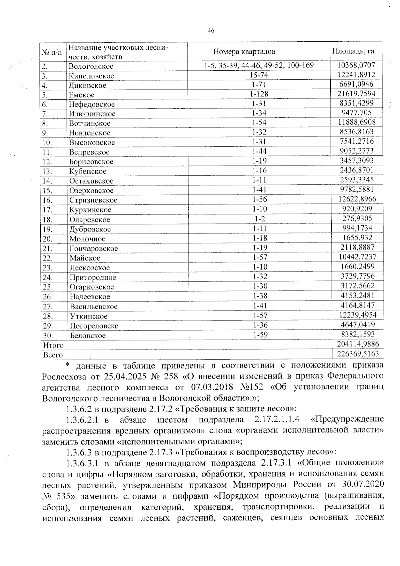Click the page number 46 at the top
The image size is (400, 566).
pyautogui.click(x=210, y=31)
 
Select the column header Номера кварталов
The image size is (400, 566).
pyautogui.click(x=244, y=51)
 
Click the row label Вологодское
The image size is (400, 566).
pyautogui.click(x=91, y=66)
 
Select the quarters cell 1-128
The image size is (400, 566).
pyautogui.click(x=259, y=94)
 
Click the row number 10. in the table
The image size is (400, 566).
pyautogui.click(x=47, y=142)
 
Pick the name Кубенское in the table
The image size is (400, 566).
pyautogui.click(x=88, y=171)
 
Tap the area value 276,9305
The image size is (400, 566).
pyautogui.click(x=357, y=218)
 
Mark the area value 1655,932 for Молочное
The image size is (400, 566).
pyautogui.click(x=357, y=238)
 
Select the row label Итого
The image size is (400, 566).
pyautogui.click(x=52, y=345)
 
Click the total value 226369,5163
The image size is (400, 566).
pyautogui.click(x=356, y=354)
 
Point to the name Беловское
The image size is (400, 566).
pyautogui.click(x=88, y=335)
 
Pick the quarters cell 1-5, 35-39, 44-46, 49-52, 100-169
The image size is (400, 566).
pyautogui.click(x=259, y=65)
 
